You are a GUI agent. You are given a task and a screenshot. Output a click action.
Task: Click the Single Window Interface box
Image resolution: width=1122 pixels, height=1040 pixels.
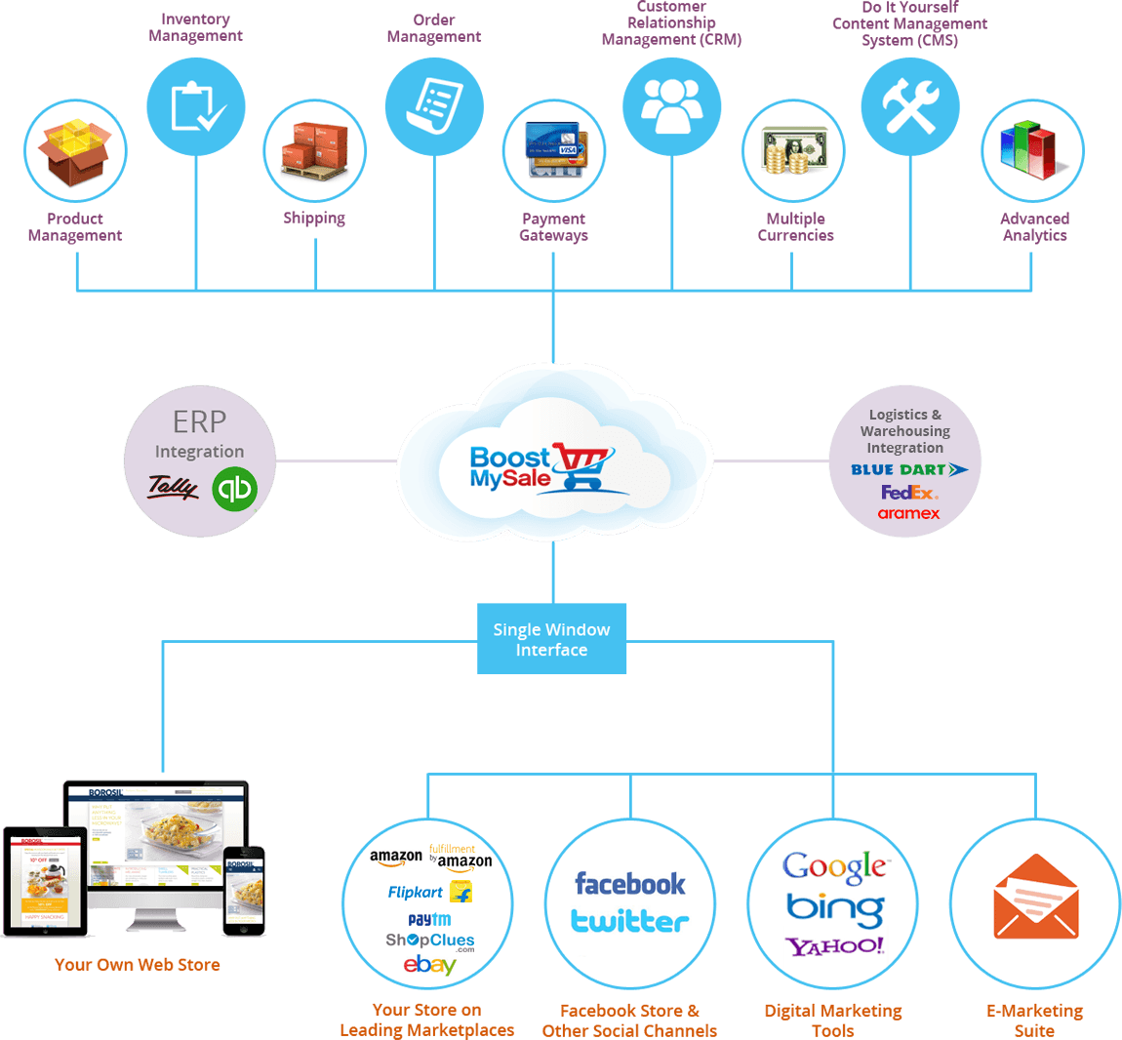coord(551,639)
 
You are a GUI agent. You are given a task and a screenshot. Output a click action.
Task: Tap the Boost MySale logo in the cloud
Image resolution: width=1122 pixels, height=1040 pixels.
coord(540,467)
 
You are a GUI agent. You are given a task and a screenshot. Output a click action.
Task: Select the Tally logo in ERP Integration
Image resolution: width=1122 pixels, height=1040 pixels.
coord(173,486)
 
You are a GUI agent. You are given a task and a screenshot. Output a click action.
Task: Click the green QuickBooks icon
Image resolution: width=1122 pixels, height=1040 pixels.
coord(234,489)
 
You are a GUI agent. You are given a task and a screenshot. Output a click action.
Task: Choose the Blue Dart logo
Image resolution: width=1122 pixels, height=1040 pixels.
coord(908,469)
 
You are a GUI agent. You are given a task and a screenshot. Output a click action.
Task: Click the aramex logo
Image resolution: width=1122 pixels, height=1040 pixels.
coord(908,513)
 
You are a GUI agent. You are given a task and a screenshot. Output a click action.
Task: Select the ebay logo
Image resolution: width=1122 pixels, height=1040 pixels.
coord(429,965)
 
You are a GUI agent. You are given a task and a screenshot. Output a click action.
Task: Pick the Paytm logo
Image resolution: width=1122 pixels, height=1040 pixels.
coord(429,919)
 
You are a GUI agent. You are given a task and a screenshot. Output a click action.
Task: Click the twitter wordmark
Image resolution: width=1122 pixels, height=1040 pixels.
coord(629,921)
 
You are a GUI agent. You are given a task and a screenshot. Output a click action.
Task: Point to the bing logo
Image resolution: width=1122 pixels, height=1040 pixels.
coord(835,909)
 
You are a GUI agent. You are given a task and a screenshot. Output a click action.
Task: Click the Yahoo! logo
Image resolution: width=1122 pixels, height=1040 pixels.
coord(835,946)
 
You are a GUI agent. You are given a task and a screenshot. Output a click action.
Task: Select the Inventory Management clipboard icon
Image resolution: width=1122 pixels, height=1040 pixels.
coord(196,106)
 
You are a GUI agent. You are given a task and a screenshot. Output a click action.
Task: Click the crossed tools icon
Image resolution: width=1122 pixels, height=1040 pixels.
coord(910,105)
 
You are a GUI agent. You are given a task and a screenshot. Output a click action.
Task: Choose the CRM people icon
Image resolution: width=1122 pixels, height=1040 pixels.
coord(672,105)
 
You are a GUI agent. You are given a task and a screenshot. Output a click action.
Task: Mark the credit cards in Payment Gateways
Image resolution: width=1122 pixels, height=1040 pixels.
coord(554,150)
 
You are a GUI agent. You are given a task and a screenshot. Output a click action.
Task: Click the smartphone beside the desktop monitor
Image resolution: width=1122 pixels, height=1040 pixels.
coord(244,890)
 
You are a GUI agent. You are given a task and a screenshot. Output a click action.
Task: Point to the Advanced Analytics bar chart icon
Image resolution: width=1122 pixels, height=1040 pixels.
coord(1032,150)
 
